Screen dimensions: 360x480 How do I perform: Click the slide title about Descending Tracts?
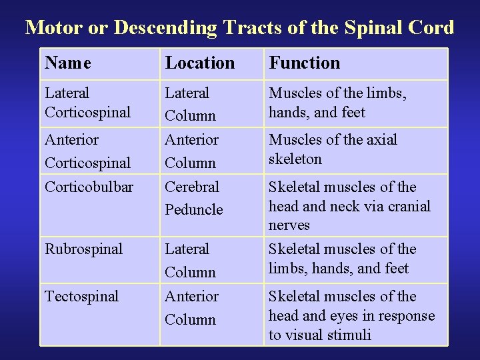pos(239,27)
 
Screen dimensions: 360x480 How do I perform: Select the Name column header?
pos(68,63)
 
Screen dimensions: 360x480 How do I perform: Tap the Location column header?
pos(200,63)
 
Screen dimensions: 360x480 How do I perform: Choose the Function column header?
pos(304,63)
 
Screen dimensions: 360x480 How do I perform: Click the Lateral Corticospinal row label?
pos(87,103)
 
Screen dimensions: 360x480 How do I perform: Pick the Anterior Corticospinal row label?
pos(87,151)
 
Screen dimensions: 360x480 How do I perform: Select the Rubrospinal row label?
pos(84,249)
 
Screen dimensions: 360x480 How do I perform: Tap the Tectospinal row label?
pos(81,297)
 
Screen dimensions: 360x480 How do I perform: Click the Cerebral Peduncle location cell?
pos(193,198)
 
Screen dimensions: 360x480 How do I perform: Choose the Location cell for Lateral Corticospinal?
pos(191,104)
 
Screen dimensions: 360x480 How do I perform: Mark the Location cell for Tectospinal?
pos(191,307)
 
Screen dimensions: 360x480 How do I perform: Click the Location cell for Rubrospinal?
pos(191,260)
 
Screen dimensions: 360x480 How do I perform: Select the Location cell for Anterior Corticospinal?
pos(191,151)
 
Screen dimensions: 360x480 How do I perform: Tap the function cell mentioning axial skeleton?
pos(333,149)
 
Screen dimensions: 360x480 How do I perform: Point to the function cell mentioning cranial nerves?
pos(349,206)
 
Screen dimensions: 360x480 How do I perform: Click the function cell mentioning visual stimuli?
pos(351,315)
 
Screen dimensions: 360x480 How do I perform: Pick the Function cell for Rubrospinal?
pos(342,259)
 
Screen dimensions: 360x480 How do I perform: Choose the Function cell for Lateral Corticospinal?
pos(337,103)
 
